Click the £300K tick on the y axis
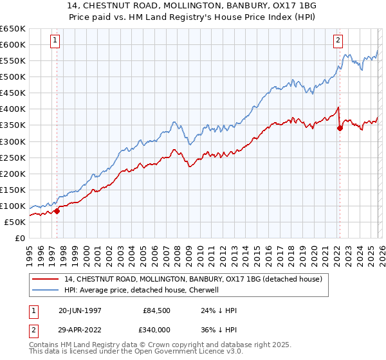[x=12, y=141]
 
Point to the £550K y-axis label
[x=12, y=60]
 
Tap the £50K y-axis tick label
[x=15, y=222]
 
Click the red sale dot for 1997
[x=57, y=210]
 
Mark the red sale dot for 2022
[x=340, y=128]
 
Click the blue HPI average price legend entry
[x=142, y=290]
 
